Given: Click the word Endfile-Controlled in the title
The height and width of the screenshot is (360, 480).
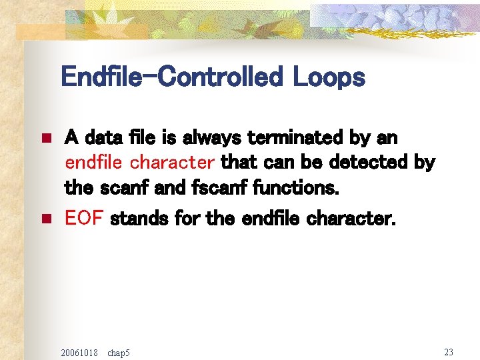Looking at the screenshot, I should (x=173, y=78).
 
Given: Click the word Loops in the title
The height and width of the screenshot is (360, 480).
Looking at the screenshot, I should (x=329, y=78).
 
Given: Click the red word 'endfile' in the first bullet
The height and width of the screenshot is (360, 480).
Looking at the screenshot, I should (x=95, y=163).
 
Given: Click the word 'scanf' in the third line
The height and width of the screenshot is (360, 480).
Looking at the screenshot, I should (x=115, y=187).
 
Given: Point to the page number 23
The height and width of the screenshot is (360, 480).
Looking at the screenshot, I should (x=448, y=351).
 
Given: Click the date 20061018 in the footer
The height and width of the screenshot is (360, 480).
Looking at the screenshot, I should (x=79, y=351).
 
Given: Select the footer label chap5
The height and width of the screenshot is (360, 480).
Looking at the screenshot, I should (x=119, y=351).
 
